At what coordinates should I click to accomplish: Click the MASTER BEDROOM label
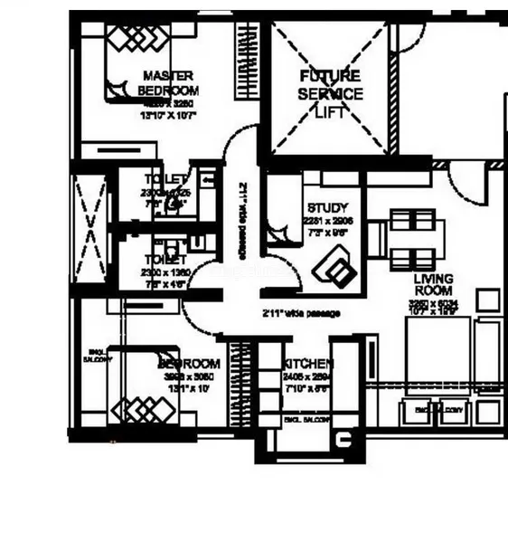[169, 82]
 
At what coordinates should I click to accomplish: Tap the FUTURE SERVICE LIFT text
[330, 93]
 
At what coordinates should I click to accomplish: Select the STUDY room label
[327, 207]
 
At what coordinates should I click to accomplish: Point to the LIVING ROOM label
[434, 286]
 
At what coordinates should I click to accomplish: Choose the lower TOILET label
[165, 245]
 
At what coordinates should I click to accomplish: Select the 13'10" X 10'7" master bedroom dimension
[168, 116]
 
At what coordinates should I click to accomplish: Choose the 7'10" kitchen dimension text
[305, 387]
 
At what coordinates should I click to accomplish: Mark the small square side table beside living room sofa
[488, 300]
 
